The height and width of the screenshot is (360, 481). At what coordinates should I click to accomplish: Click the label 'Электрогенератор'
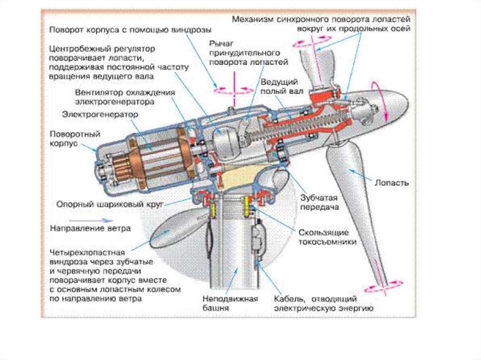(100, 115)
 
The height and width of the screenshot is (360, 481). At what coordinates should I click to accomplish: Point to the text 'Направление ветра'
(90, 229)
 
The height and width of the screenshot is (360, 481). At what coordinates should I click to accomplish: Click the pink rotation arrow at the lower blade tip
(384, 285)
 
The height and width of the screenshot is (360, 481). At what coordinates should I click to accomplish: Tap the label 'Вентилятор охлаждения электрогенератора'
(124, 97)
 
